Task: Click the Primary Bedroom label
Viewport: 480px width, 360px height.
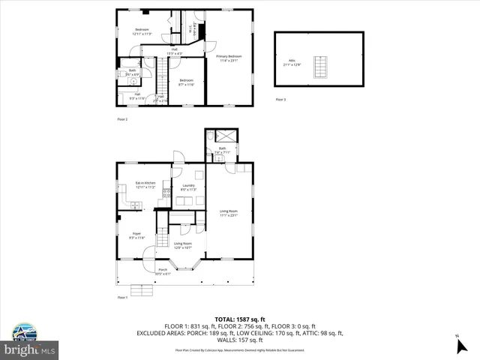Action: [x=229, y=58]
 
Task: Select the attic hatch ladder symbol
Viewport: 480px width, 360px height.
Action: [x=321, y=67]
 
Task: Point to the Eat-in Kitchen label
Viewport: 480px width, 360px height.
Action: [x=145, y=184]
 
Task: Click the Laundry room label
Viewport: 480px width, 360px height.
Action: [x=187, y=187]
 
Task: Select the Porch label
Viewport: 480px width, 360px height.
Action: [x=163, y=271]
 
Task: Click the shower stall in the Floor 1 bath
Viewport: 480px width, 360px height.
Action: [x=223, y=136]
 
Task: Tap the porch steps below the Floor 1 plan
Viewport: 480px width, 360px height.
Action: [x=142, y=291]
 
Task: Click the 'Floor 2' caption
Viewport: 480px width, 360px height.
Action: [x=122, y=118]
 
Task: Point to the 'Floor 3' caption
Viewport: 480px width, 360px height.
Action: [x=280, y=100]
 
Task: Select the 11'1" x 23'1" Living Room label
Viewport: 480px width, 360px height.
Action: [x=228, y=214]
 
